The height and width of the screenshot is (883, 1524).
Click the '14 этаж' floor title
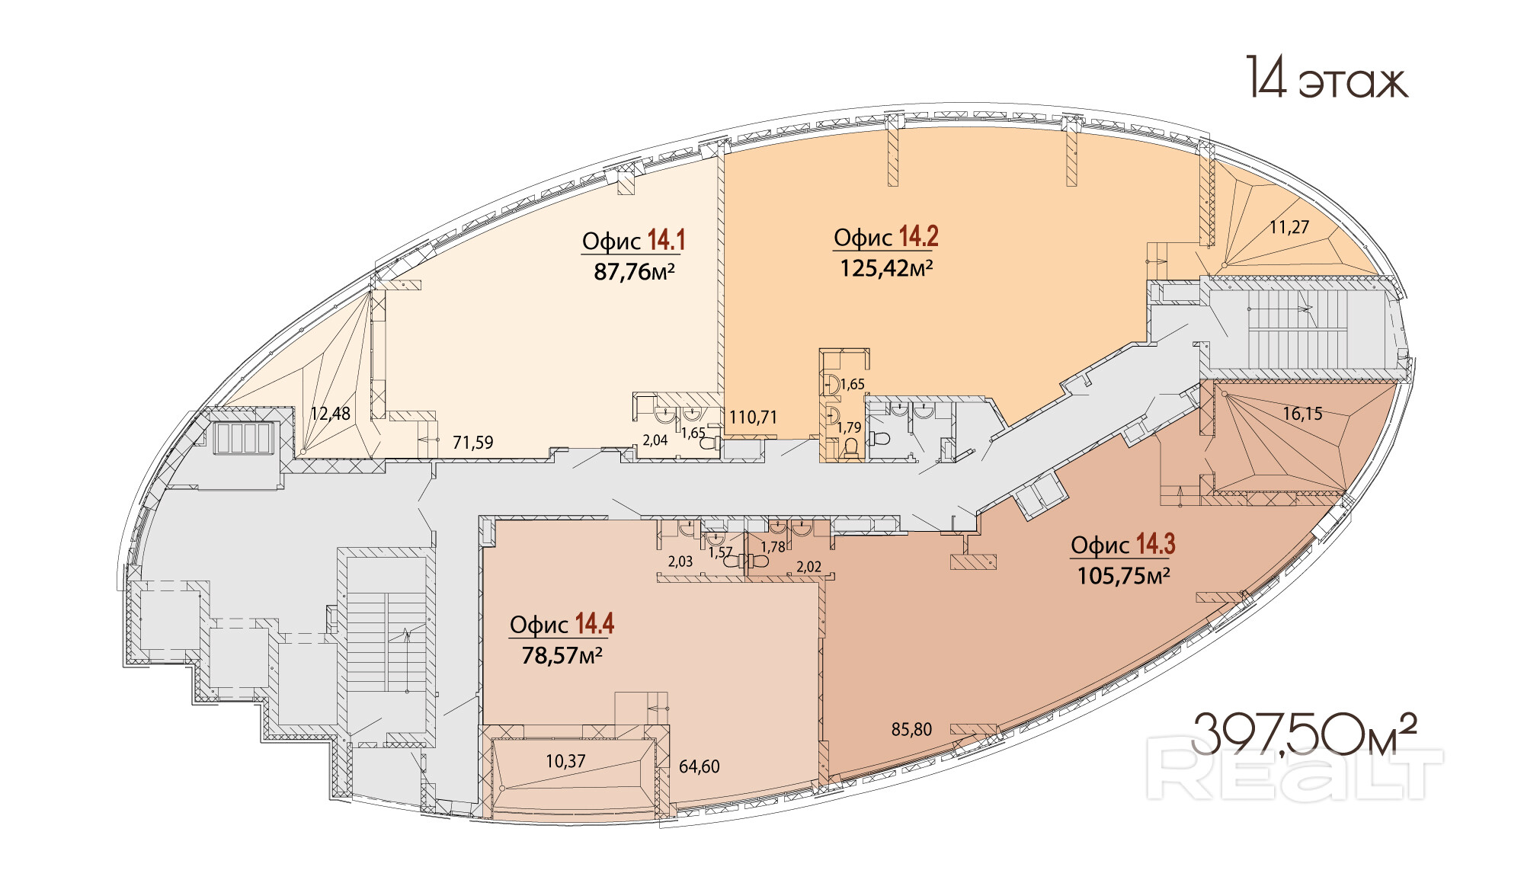pyautogui.click(x=1327, y=78)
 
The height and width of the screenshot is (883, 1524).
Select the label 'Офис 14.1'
pyautogui.click(x=633, y=240)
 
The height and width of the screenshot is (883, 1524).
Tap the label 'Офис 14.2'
pyautogui.click(x=885, y=237)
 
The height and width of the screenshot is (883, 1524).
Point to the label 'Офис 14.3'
pyautogui.click(x=1122, y=544)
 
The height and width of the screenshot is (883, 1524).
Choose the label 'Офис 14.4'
pyautogui.click(x=562, y=624)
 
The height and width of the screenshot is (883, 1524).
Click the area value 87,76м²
pyautogui.click(x=634, y=271)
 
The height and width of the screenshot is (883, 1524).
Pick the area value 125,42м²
pyautogui.click(x=886, y=268)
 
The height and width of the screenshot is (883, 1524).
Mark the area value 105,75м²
pyautogui.click(x=1123, y=575)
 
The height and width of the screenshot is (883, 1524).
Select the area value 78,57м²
pyautogui.click(x=562, y=655)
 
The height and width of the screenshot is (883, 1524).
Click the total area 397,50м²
pyautogui.click(x=1304, y=734)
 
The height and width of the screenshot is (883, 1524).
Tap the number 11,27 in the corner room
pyautogui.click(x=1289, y=226)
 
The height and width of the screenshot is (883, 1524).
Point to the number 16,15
pyautogui.click(x=1302, y=414)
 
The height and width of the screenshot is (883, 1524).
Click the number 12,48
pyautogui.click(x=330, y=414)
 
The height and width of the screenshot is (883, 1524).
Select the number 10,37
pyautogui.click(x=565, y=761)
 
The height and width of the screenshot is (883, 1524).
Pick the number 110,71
pyautogui.click(x=753, y=418)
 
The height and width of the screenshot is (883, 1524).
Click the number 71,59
pyautogui.click(x=472, y=443)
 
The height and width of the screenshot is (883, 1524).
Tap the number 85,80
pyautogui.click(x=911, y=730)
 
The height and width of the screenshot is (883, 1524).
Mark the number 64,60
pyautogui.click(x=699, y=766)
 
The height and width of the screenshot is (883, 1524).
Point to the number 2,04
pyautogui.click(x=655, y=440)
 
